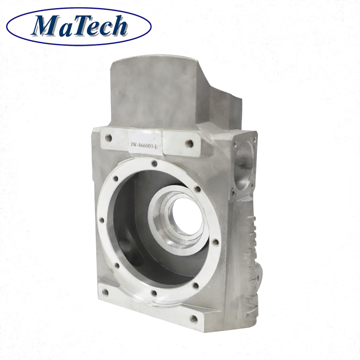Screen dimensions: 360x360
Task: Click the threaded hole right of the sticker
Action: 189,144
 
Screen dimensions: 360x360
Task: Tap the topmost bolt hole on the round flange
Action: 154,165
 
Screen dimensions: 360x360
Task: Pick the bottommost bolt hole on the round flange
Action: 153,293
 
